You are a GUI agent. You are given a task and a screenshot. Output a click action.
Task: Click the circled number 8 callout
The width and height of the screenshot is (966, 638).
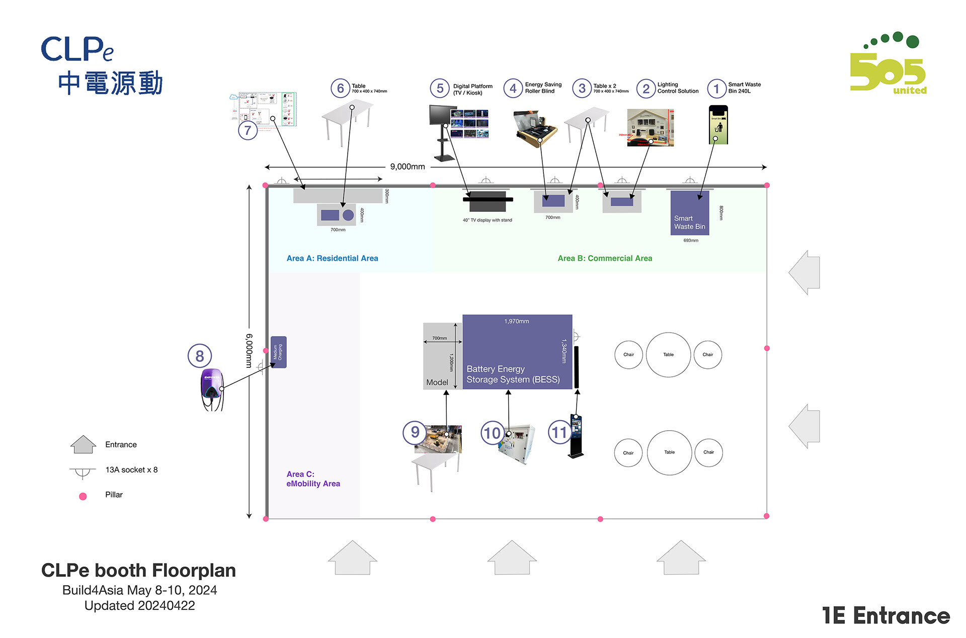(x=200, y=356)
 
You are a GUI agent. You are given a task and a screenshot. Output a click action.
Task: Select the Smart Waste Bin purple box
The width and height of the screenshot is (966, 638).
(x=689, y=213)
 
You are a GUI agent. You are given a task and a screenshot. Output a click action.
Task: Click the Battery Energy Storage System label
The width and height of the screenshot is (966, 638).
(x=513, y=374)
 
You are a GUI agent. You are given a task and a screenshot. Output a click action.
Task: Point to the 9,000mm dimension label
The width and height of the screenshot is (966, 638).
(x=408, y=167)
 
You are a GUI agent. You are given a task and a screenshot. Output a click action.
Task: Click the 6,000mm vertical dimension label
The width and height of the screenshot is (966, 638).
(x=249, y=351)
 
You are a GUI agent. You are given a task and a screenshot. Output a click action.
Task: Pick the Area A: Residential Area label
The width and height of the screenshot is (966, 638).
(x=332, y=258)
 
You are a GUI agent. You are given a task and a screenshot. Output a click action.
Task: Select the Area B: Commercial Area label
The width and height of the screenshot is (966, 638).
(x=605, y=258)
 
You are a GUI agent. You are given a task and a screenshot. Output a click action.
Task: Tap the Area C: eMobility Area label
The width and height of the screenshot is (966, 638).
(x=313, y=478)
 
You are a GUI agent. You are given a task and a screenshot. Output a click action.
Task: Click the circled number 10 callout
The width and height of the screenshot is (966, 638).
(x=492, y=433)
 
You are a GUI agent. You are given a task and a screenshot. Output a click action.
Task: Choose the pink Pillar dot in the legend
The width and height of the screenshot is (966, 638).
(x=83, y=496)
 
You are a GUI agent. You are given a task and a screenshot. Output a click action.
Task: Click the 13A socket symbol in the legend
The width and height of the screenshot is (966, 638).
(x=82, y=471)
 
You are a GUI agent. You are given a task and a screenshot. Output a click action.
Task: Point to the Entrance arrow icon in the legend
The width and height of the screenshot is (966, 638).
(x=83, y=444)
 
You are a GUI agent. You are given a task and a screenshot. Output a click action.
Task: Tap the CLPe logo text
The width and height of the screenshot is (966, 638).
(x=77, y=49)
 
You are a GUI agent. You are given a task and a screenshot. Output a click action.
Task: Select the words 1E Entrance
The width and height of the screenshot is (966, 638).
(x=886, y=616)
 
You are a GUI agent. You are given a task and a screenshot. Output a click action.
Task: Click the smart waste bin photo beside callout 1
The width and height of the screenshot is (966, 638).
(x=718, y=125)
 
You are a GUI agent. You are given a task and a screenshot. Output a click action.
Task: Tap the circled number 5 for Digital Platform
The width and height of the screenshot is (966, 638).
(x=440, y=89)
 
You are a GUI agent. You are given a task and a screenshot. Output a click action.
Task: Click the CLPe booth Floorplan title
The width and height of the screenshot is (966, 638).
(x=138, y=570)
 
